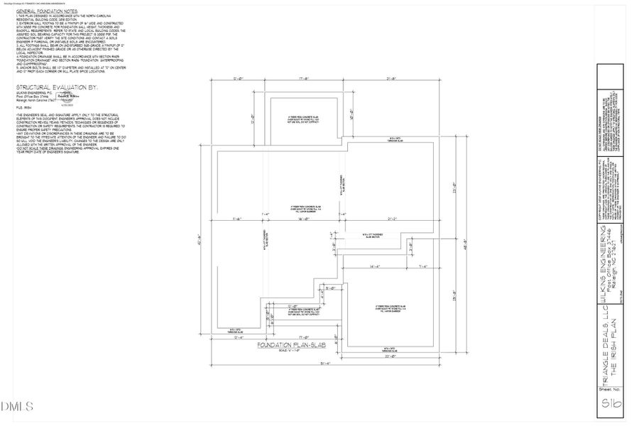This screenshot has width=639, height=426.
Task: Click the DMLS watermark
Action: [x=18, y=407]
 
